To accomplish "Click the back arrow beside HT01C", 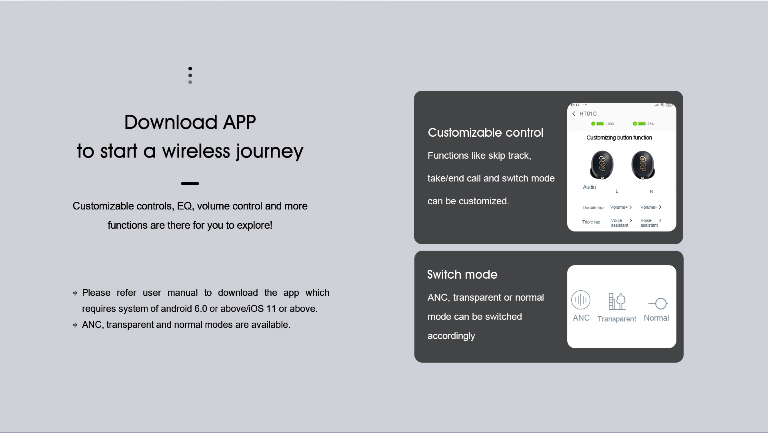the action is pos(574,114).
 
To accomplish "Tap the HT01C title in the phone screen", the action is pos(588,114).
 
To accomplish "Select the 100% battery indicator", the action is pos(602,124).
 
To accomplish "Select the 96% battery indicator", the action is pos(643,124).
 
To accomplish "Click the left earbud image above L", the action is pos(602,165).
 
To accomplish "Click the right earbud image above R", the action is pos(643,165).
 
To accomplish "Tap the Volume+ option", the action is pos(621,207).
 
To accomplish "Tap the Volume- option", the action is pos(651,207).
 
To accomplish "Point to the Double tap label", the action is pos(593,208).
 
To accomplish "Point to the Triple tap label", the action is pos(591,222).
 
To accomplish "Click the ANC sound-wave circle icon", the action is pos(581,300).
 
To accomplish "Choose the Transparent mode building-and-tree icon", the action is pos(617,301).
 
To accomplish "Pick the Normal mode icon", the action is pos(658,304).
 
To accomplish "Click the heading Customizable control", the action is pos(486,133).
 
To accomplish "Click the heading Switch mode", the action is pos(462,275).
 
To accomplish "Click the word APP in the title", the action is pos(239,122).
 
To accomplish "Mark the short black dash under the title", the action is pos(190,184).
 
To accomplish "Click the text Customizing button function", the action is pos(619,138).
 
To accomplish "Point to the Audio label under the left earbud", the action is pos(589,187).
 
